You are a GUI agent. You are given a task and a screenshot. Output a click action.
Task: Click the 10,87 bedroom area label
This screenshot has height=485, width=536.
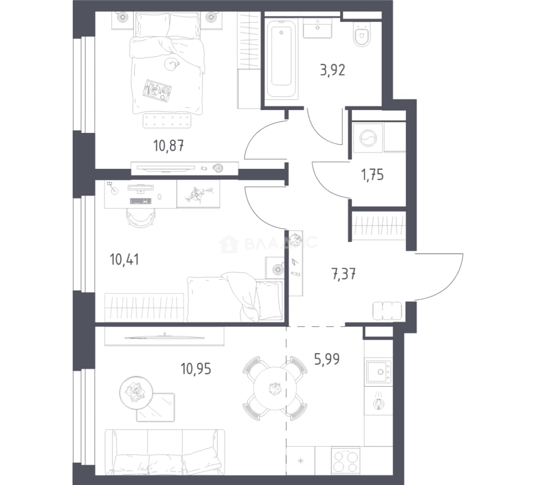[x=168, y=146]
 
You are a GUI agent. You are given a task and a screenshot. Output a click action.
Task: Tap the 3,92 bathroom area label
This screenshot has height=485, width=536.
[x=332, y=70]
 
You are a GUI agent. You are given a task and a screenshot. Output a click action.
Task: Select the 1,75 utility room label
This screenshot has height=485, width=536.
[x=372, y=175]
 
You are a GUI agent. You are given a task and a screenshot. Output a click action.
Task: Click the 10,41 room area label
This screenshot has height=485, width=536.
[x=124, y=260]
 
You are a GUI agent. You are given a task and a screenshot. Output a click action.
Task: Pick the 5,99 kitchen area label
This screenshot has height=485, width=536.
[x=327, y=359]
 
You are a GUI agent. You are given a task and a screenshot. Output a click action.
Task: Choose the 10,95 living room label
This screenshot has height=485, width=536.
[x=196, y=369]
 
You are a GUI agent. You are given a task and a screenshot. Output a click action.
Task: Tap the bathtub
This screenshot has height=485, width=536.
[x=281, y=59]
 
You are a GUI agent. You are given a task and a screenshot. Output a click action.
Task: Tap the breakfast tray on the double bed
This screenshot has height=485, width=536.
[x=157, y=90]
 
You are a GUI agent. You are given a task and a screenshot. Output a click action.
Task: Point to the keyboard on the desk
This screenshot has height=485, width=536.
[x=141, y=201]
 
